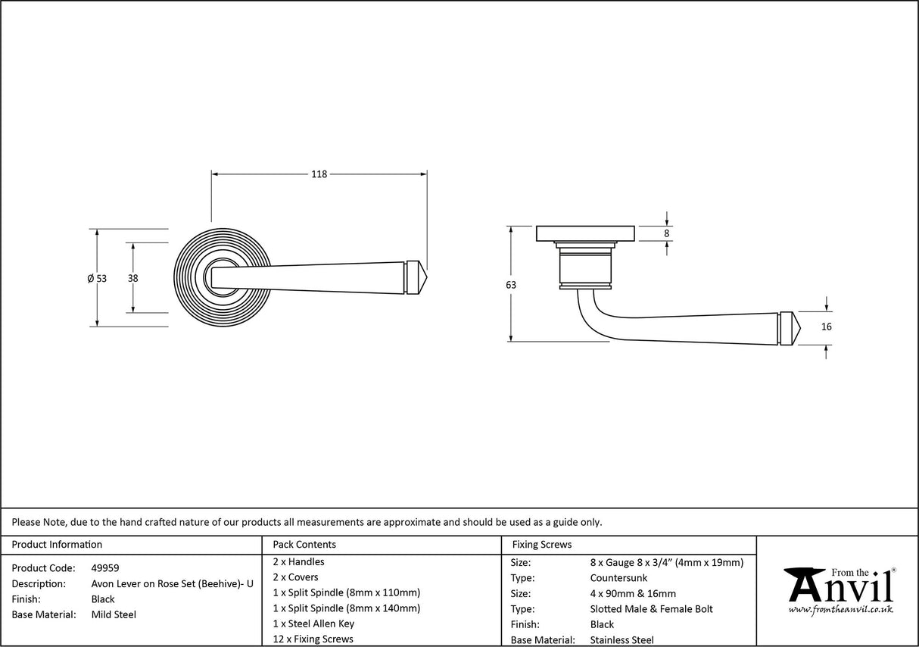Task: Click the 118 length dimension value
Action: click(x=319, y=174)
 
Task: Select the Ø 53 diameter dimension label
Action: click(x=97, y=278)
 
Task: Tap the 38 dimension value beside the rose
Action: click(x=133, y=278)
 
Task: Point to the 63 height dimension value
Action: click(x=511, y=285)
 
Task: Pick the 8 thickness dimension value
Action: click(x=667, y=233)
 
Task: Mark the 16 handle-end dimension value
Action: click(x=826, y=327)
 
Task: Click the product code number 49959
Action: click(x=105, y=567)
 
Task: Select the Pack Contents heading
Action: click(x=304, y=544)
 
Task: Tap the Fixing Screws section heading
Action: click(x=542, y=544)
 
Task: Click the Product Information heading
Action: click(x=57, y=544)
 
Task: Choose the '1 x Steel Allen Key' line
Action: click(x=313, y=624)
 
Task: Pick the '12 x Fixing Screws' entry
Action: click(x=313, y=639)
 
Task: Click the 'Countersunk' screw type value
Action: click(x=618, y=578)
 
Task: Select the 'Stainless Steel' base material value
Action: click(x=621, y=640)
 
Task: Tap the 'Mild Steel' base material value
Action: click(x=114, y=614)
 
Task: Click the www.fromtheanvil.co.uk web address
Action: click(x=840, y=609)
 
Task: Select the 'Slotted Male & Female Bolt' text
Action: click(x=651, y=609)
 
